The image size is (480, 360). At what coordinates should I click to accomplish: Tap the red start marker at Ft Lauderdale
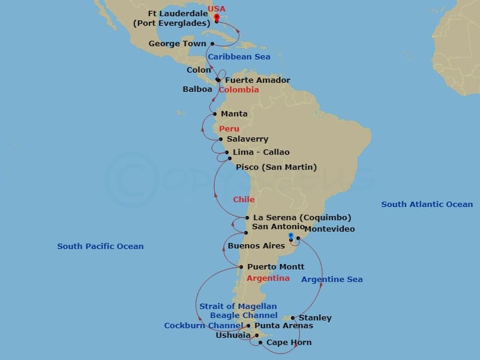pyautogui.click(x=216, y=17)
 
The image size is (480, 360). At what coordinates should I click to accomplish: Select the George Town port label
pyautogui.click(x=177, y=44)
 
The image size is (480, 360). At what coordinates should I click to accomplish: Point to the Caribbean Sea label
pyautogui.click(x=239, y=57)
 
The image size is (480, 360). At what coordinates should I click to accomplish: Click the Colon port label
pyautogui.click(x=199, y=70)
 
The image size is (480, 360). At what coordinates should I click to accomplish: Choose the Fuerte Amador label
pyautogui.click(x=257, y=80)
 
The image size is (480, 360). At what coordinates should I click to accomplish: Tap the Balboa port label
pyautogui.click(x=197, y=89)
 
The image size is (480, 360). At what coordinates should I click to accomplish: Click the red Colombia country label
pyautogui.click(x=239, y=90)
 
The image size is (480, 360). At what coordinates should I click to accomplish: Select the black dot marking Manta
pyautogui.click(x=214, y=114)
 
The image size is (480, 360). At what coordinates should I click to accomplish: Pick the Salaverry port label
pyautogui.click(x=247, y=139)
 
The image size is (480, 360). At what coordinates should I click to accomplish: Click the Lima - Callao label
pyautogui.click(x=261, y=152)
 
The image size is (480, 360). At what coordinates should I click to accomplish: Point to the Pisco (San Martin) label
pyautogui.click(x=276, y=167)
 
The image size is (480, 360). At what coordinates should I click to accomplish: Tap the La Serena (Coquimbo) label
pyautogui.click(x=302, y=217)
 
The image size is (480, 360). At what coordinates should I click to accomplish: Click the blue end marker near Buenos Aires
pyautogui.click(x=290, y=236)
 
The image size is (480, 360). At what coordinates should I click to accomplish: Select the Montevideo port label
pyautogui.click(x=329, y=229)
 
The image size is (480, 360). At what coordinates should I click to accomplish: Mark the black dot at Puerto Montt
pyautogui.click(x=241, y=267)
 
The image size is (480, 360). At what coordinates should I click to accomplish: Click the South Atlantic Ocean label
pyautogui.click(x=427, y=205)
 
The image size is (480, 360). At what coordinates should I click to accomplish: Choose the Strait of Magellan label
pyautogui.click(x=238, y=307)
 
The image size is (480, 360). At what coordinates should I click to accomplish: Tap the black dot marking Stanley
pyautogui.click(x=292, y=318)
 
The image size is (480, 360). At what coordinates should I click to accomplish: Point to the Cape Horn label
pyautogui.click(x=289, y=343)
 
